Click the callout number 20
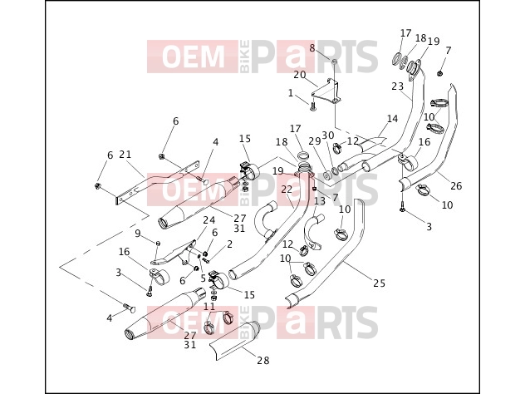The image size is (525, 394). click(x=300, y=75)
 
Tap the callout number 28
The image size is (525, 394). click(x=263, y=361)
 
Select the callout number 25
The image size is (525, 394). click(x=380, y=283)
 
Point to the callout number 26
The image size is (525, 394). click(x=456, y=185)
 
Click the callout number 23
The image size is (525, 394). click(x=398, y=86)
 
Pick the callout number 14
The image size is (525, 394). click(x=392, y=119)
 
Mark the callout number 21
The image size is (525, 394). click(x=125, y=155)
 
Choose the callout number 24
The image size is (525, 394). click(x=209, y=220)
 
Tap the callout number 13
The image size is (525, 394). click(x=320, y=201)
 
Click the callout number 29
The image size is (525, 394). click(x=315, y=141)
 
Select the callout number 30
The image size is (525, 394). click(x=328, y=135)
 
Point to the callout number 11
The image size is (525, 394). click(x=209, y=306)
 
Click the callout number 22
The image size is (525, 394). click(x=287, y=190)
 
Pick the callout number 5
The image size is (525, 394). click(x=203, y=278)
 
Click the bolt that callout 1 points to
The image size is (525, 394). click(x=313, y=107)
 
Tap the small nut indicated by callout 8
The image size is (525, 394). click(x=335, y=62)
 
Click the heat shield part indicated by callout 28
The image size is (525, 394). click(x=234, y=341)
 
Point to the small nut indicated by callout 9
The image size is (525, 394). click(x=159, y=243)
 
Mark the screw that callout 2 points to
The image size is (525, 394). click(x=206, y=259)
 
